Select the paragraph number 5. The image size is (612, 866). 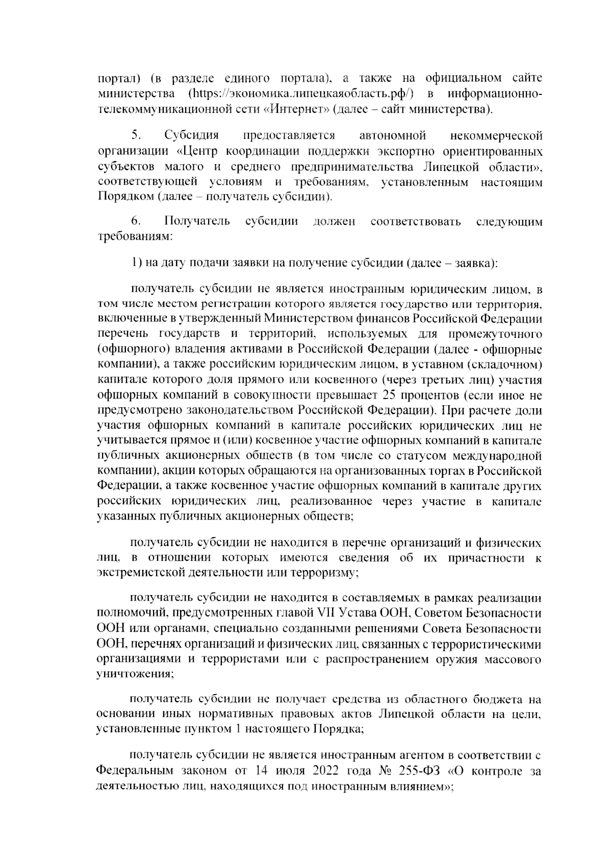point(136,135)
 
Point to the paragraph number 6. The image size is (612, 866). point(136,221)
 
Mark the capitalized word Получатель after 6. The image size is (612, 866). point(197,221)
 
